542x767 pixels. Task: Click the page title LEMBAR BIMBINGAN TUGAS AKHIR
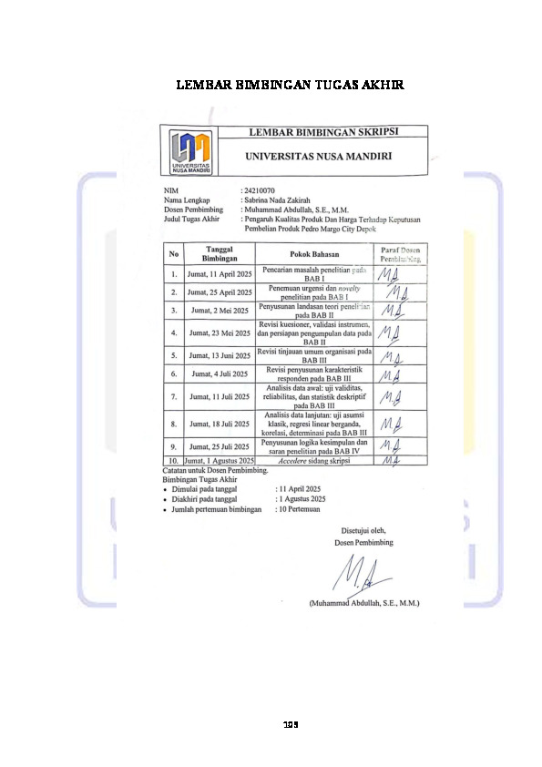[290, 86]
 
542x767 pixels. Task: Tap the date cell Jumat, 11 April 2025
[219, 273]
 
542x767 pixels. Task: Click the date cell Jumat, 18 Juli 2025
[219, 424]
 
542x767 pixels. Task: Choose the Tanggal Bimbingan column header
[219, 252]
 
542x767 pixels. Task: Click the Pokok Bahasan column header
[314, 253]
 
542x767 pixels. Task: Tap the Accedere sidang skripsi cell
[314, 462]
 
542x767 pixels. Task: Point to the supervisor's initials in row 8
[391, 424]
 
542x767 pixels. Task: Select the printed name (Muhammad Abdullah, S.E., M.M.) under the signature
[363, 603]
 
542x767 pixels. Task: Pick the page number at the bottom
[290, 725]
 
